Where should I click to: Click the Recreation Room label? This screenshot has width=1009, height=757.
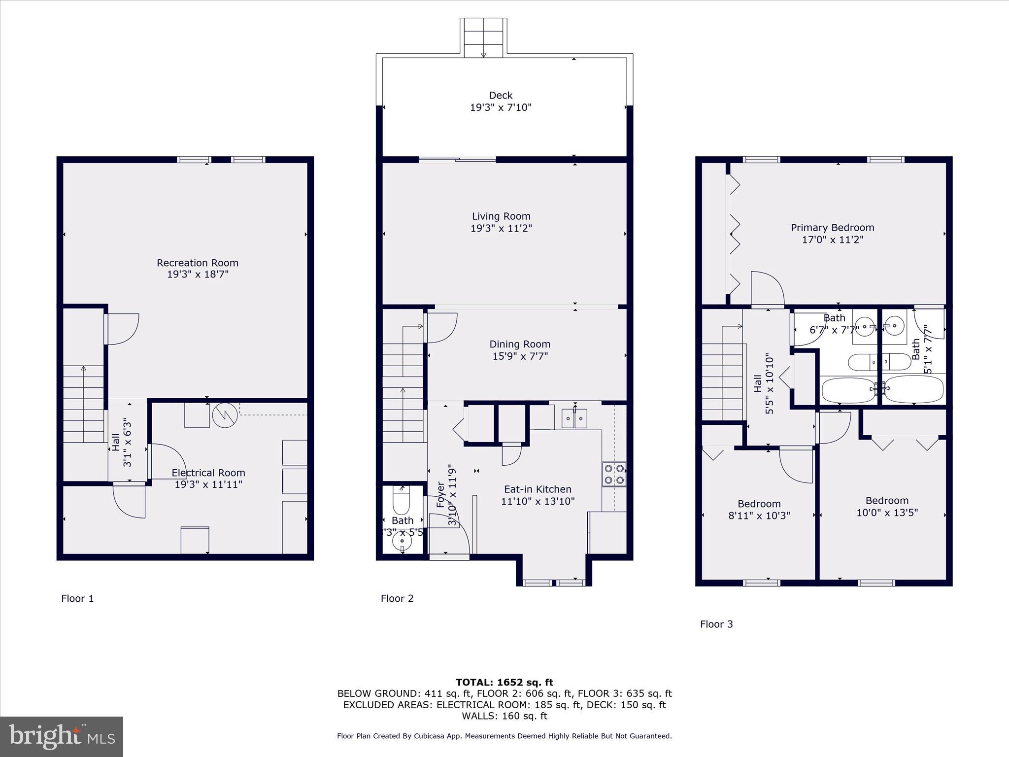[198, 263]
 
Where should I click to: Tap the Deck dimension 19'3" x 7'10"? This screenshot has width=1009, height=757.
[501, 107]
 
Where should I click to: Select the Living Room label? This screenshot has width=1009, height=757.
[501, 216]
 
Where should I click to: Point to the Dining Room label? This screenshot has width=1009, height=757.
[520, 344]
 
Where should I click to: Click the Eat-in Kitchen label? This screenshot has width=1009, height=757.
[538, 489]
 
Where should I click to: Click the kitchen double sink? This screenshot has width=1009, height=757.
[574, 419]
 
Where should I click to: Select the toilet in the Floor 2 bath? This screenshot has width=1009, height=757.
[402, 500]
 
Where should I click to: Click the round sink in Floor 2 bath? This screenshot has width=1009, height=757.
[403, 541]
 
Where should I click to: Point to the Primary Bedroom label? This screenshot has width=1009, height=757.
[833, 227]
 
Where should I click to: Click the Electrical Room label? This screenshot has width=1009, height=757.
[208, 473]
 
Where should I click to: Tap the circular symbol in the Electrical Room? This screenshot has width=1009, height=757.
[225, 415]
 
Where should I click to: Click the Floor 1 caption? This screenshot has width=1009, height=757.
[77, 598]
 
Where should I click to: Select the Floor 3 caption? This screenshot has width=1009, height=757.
[716, 624]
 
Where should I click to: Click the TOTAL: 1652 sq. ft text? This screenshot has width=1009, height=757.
[504, 682]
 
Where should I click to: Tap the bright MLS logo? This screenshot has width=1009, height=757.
[62, 736]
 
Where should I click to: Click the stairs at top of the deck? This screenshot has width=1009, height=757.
[483, 37]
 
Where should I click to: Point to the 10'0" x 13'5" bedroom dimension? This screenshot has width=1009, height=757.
[887, 513]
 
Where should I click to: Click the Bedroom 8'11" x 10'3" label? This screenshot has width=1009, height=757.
[759, 504]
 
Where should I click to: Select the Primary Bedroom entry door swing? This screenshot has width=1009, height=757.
[767, 289]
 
